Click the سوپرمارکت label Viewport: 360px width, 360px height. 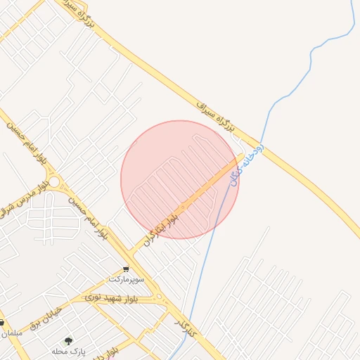coord(127,279)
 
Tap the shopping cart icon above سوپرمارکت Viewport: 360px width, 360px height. coord(126,269)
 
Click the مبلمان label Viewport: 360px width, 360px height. coord(11,333)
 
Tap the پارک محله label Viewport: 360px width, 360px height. coord(69,350)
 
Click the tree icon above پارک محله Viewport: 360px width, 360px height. coord(68,341)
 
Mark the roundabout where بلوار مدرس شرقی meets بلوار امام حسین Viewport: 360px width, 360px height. coord(55,182)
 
